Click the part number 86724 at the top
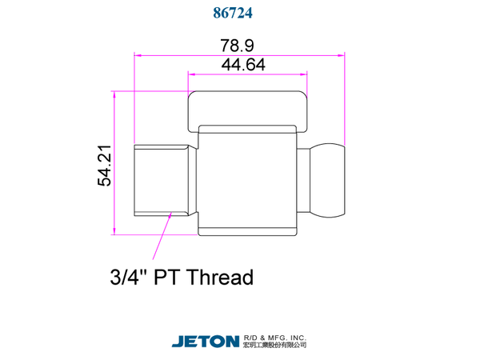pos(233,13)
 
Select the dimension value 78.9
pos(238,46)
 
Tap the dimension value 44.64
pos(243,65)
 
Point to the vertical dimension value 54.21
pos(104,166)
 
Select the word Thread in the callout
pos(219,277)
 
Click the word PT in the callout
pos(166,277)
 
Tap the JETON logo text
pos(206,342)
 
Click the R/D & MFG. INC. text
pos(274,338)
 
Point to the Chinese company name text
pos(274,345)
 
